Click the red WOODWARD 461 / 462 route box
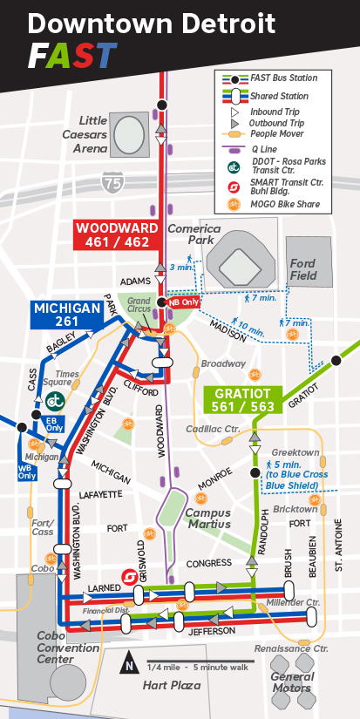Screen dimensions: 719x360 [x=116, y=234]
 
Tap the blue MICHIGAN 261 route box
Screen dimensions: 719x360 [x=67, y=315]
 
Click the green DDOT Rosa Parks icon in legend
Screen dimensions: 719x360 [x=234, y=167]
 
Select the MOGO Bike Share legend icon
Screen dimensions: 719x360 [x=234, y=205]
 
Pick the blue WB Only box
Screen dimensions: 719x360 [x=27, y=471]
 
